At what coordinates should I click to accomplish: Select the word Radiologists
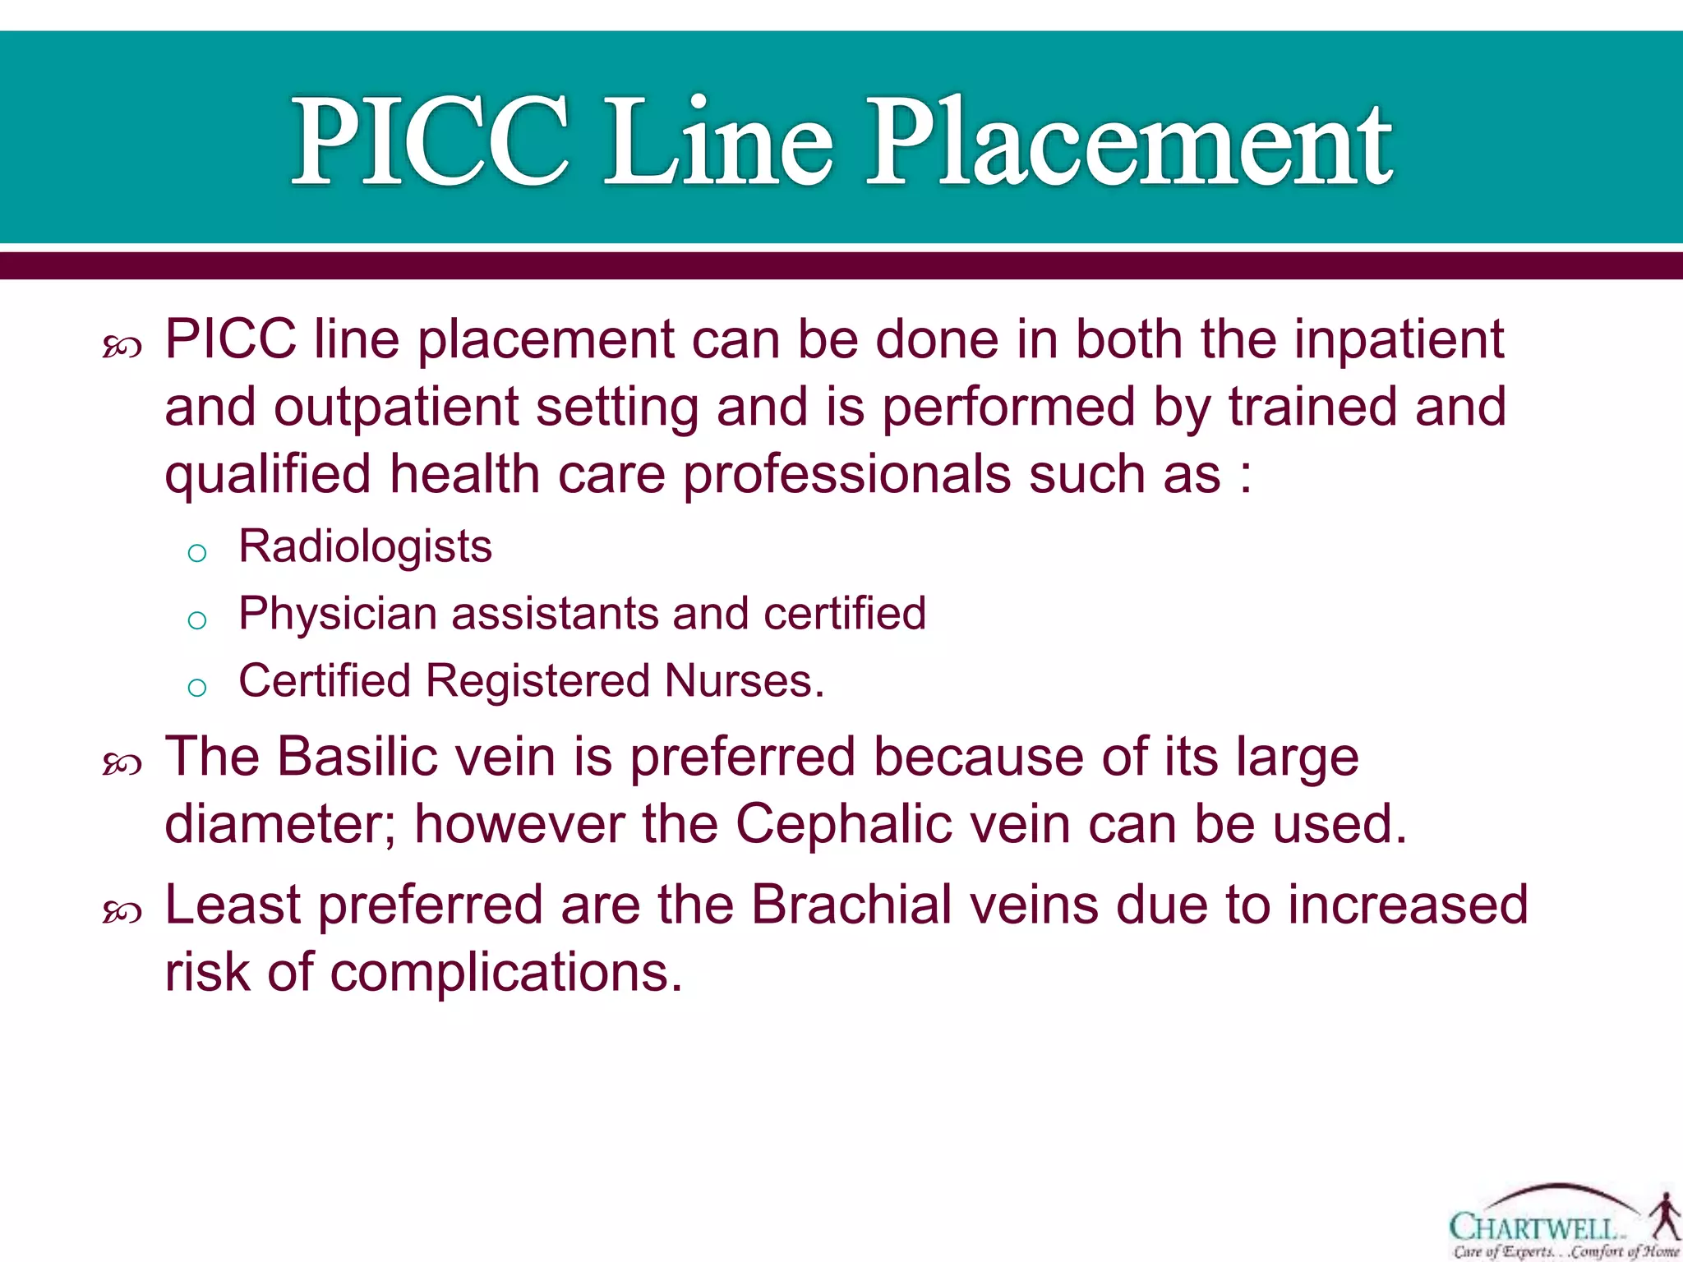click(365, 546)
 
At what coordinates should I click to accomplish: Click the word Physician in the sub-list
click(337, 614)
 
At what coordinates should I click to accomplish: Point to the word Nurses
click(744, 681)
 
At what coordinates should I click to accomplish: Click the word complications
click(506, 972)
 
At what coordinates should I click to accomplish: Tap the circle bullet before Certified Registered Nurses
click(196, 688)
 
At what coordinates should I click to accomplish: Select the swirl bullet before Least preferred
click(122, 913)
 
